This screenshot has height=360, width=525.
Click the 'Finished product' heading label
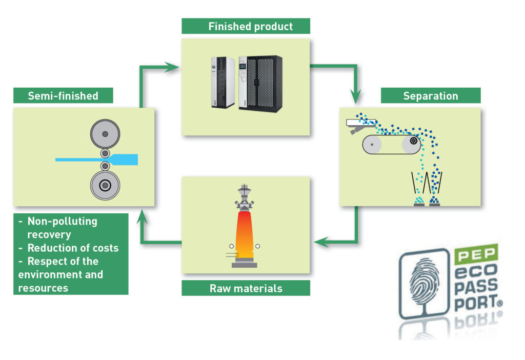point(246,26)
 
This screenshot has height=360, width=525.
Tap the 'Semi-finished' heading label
point(63,95)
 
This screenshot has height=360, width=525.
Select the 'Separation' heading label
point(430,96)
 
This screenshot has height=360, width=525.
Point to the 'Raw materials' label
point(246,288)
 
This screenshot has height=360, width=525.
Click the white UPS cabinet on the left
point(223,82)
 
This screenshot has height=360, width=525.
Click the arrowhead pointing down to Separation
point(355,96)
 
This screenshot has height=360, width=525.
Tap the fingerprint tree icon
point(423,284)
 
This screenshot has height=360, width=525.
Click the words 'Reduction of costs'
point(73,248)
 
